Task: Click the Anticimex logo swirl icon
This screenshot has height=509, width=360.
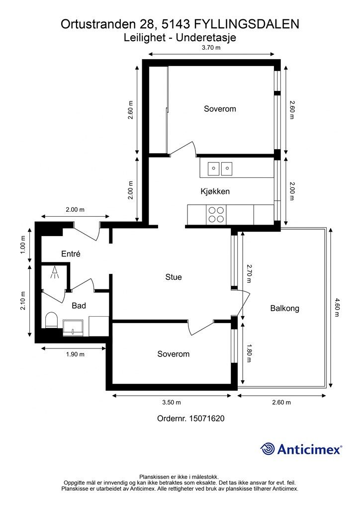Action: click(x=267, y=449)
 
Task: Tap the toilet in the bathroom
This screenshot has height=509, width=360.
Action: click(x=51, y=320)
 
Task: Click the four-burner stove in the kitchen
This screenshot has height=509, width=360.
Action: click(x=216, y=215)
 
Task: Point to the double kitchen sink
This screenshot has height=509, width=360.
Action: click(x=220, y=169)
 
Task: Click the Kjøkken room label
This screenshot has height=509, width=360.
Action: click(x=215, y=191)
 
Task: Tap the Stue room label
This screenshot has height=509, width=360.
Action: click(x=174, y=277)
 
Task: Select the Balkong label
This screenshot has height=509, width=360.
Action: click(x=285, y=308)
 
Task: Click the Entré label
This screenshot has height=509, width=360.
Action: click(x=71, y=254)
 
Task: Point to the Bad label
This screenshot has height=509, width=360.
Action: click(x=79, y=306)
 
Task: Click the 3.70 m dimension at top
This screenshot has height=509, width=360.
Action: click(x=211, y=47)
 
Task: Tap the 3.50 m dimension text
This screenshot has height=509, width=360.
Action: click(x=172, y=402)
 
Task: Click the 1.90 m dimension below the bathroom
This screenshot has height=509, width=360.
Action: click(x=75, y=354)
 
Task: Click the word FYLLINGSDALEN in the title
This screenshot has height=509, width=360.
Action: click(x=247, y=24)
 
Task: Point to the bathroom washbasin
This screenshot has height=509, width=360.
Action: click(x=73, y=328)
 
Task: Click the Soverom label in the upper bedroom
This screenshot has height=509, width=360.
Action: click(x=220, y=109)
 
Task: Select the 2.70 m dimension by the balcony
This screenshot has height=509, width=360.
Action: click(x=249, y=273)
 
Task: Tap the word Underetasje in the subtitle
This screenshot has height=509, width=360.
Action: click(x=206, y=38)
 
